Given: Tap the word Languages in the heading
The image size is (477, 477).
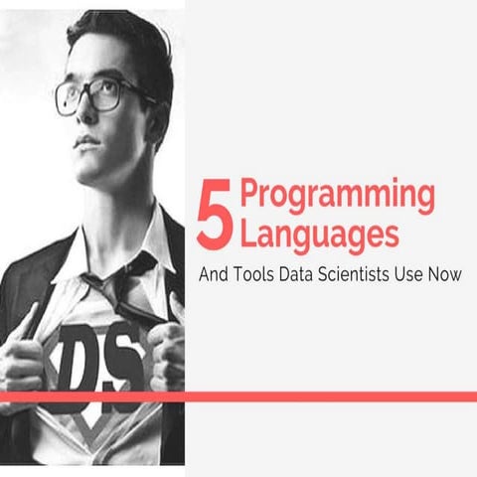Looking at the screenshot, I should (320, 235).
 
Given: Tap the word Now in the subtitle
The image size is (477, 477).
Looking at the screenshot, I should (450, 274).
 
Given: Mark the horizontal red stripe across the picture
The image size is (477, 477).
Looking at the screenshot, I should (238, 397).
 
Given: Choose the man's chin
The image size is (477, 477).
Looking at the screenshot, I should (93, 169).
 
